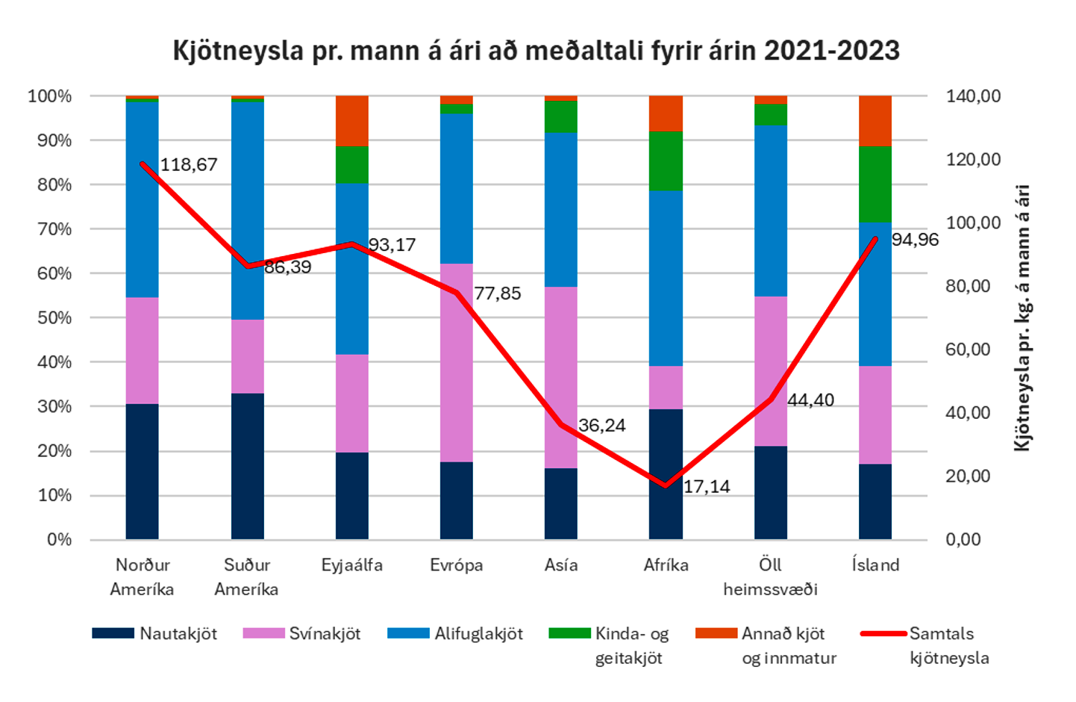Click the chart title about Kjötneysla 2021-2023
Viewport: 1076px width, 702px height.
536,51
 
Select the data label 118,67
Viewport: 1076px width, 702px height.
189,165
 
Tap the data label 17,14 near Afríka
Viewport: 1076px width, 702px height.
707,487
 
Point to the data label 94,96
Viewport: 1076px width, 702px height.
915,240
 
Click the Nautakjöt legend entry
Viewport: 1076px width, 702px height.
155,634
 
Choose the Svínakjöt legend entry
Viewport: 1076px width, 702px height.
302,634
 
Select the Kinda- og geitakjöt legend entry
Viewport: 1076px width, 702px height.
610,645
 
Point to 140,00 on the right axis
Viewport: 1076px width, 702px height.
973,96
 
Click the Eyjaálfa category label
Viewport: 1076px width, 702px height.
351,565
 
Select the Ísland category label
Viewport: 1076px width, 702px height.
875,565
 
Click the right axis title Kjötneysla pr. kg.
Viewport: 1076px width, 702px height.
1022,317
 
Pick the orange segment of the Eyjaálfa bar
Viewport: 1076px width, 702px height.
351,120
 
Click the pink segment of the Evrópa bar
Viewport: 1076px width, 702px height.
456,362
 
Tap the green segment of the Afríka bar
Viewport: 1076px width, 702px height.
666,161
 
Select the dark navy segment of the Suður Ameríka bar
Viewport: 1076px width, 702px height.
247,466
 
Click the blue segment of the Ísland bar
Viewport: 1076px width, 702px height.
875,293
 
